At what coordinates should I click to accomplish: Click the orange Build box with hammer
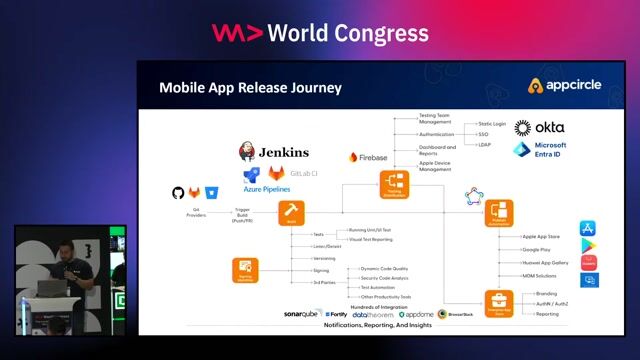291,212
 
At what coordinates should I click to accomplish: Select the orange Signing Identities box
246,269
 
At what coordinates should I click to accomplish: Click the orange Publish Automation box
499,213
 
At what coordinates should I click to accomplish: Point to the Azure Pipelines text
267,188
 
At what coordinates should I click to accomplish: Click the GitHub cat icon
179,192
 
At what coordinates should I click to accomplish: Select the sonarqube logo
302,314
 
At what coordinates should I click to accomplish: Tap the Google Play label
537,249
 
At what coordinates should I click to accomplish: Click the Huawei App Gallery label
546,262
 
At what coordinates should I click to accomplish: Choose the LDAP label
484,145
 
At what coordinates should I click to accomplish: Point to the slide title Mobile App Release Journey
250,88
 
